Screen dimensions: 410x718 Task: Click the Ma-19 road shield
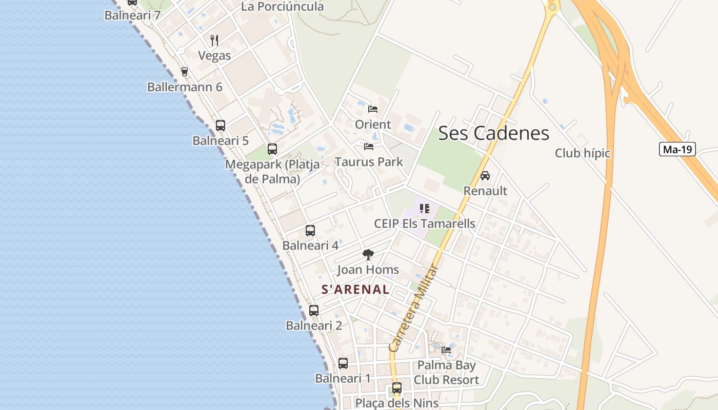point(677,149)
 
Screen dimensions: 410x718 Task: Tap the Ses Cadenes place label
point(493,133)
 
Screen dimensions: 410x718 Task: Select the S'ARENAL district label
point(355,289)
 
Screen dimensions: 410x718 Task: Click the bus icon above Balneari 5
point(221,126)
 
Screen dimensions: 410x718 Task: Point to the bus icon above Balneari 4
point(310,231)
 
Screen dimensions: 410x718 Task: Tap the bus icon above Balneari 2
point(314,311)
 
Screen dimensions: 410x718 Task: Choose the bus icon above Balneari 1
point(343,363)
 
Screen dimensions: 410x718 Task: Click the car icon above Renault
point(485,176)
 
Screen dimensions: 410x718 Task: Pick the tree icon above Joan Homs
point(368,255)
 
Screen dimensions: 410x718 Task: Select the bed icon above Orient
point(373,109)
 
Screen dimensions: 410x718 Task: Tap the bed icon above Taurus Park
point(369,147)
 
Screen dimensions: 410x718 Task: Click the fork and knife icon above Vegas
point(214,40)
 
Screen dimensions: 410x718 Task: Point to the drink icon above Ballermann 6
point(185,72)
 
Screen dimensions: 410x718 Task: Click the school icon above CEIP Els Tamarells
point(425,209)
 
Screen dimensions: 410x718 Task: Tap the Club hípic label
point(583,153)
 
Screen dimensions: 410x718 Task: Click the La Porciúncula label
point(282,7)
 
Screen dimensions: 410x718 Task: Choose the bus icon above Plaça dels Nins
point(397,388)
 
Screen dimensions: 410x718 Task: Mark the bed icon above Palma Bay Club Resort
point(446,350)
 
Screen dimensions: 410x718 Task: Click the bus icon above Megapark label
point(272,149)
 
